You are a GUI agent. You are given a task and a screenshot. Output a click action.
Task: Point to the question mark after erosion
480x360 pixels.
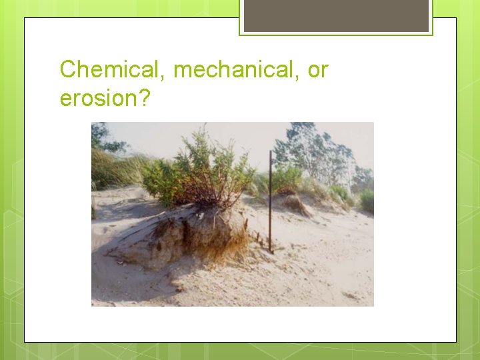point(146,98)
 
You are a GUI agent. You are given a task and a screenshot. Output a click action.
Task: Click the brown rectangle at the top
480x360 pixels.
point(336,16)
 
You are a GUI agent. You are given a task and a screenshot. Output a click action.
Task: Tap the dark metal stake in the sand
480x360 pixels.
point(270,200)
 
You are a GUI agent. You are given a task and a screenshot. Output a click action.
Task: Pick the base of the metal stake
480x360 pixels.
point(270,251)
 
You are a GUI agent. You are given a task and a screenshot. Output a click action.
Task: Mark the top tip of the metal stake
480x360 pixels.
point(269,152)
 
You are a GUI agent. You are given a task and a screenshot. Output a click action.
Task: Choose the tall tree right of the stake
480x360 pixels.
point(313,150)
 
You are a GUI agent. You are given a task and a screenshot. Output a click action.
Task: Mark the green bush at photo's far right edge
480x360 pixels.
point(367,200)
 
